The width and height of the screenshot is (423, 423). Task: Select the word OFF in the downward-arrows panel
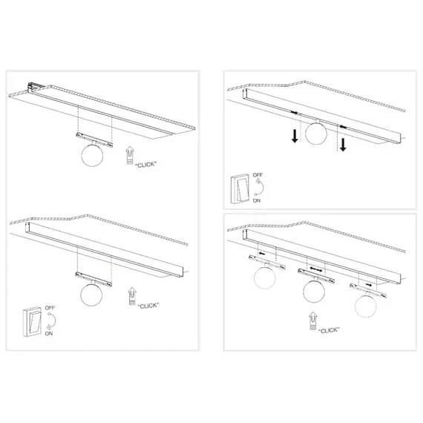pos(258,176)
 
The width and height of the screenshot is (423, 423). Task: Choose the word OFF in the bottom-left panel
pos(50,306)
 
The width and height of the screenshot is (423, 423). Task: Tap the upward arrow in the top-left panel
pos(131,154)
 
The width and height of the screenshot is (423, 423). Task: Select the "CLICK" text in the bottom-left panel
pos(149,304)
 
